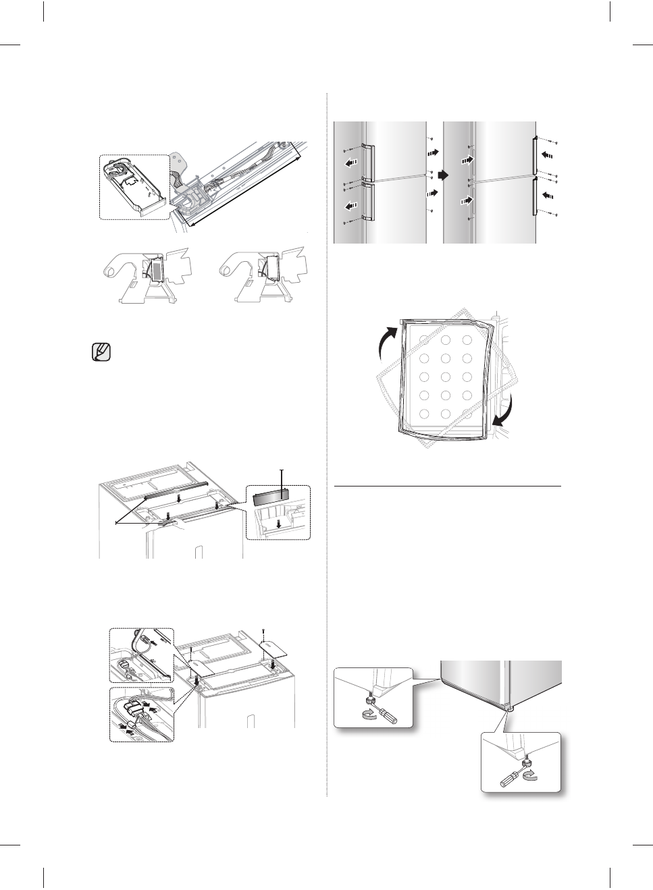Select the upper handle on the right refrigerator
pyautogui.click(x=535, y=157)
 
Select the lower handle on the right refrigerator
pyautogui.click(x=535, y=196)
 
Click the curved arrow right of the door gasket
pyautogui.click(x=505, y=412)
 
